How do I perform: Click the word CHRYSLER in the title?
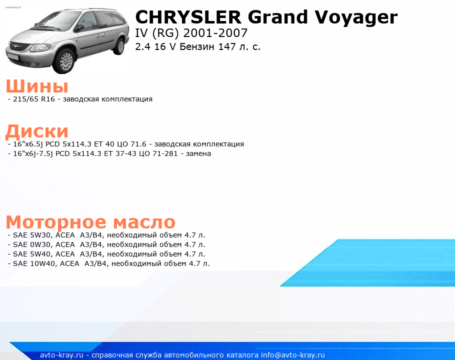coord(188,17)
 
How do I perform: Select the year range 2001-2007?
coord(215,33)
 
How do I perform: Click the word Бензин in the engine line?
coord(197,46)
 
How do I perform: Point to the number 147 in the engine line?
coord(227,46)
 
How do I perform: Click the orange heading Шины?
coord(37,86)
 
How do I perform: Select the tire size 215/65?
coord(25,99)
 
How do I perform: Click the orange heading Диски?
coord(37,131)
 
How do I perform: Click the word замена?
coord(198,153)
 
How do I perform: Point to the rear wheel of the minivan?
coord(119,46)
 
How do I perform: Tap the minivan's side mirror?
coord(78,28)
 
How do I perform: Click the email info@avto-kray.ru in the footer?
coord(293,355)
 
